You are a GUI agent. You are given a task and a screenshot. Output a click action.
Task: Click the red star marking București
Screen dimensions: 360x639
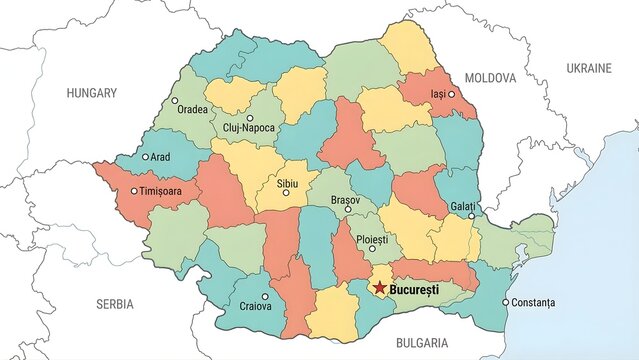pyautogui.click(x=381, y=288)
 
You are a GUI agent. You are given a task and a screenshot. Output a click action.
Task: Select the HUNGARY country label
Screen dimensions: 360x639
pyautogui.click(x=92, y=92)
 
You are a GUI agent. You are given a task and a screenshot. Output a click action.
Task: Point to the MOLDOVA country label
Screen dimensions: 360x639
pyautogui.click(x=490, y=77)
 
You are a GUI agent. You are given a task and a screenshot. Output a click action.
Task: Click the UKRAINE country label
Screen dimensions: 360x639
pyautogui.click(x=589, y=68)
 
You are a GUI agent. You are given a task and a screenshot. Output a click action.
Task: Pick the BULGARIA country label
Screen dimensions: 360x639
pyautogui.click(x=422, y=343)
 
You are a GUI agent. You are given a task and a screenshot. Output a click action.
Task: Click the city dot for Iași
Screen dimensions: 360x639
pyautogui.click(x=451, y=94)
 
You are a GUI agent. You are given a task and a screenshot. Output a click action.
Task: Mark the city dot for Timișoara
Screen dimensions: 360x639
pyautogui.click(x=134, y=191)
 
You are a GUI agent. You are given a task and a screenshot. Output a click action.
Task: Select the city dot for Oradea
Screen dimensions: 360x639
pyautogui.click(x=175, y=101)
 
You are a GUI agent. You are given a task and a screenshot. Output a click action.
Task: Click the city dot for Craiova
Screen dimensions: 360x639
pyautogui.click(x=265, y=296)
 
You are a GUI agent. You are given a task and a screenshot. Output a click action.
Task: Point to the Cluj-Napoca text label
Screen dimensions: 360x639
pyautogui.click(x=250, y=129)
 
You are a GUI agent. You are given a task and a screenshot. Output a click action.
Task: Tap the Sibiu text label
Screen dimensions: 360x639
pyautogui.click(x=286, y=184)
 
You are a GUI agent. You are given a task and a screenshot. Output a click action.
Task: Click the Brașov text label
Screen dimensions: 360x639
pyautogui.click(x=346, y=200)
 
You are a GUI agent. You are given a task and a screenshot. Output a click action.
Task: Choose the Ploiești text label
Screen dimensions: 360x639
pyautogui.click(x=372, y=240)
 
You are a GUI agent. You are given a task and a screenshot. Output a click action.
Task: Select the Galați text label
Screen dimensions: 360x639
pyautogui.click(x=464, y=204)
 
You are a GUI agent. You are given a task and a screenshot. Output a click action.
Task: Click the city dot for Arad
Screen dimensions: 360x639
pyautogui.click(x=146, y=156)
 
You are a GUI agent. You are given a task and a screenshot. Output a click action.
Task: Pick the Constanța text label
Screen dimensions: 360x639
pyautogui.click(x=532, y=302)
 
